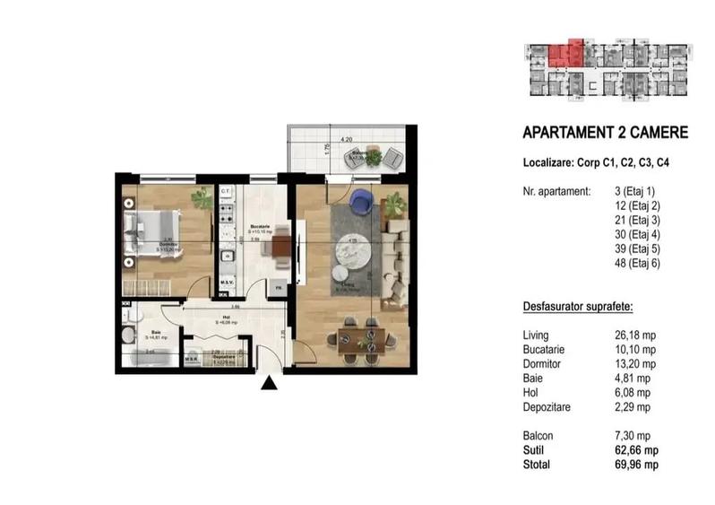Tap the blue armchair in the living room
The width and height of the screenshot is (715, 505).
pyautogui.click(x=361, y=201)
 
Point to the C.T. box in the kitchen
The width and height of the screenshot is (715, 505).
pyautogui.click(x=226, y=192)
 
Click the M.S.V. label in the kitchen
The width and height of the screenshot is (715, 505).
pyautogui.click(x=228, y=286)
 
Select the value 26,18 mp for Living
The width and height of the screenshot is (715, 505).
pyautogui.click(x=636, y=335)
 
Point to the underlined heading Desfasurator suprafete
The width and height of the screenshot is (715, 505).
pyautogui.click(x=578, y=307)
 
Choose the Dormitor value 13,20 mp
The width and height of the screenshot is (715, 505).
pyautogui.click(x=636, y=363)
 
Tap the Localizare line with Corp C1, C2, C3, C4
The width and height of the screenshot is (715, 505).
pyautogui.click(x=595, y=163)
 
